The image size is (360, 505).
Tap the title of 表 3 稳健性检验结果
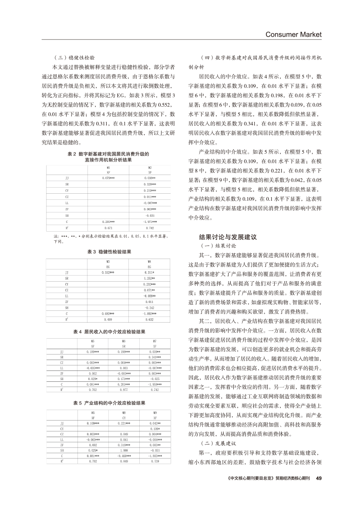click(x=109, y=252)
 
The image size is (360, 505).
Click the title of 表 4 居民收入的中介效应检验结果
click(x=109, y=332)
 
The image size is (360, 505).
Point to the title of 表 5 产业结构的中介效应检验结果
click(x=109, y=403)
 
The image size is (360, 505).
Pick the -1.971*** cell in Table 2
click(x=150, y=222)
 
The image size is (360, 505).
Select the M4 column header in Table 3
click(x=150, y=261)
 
